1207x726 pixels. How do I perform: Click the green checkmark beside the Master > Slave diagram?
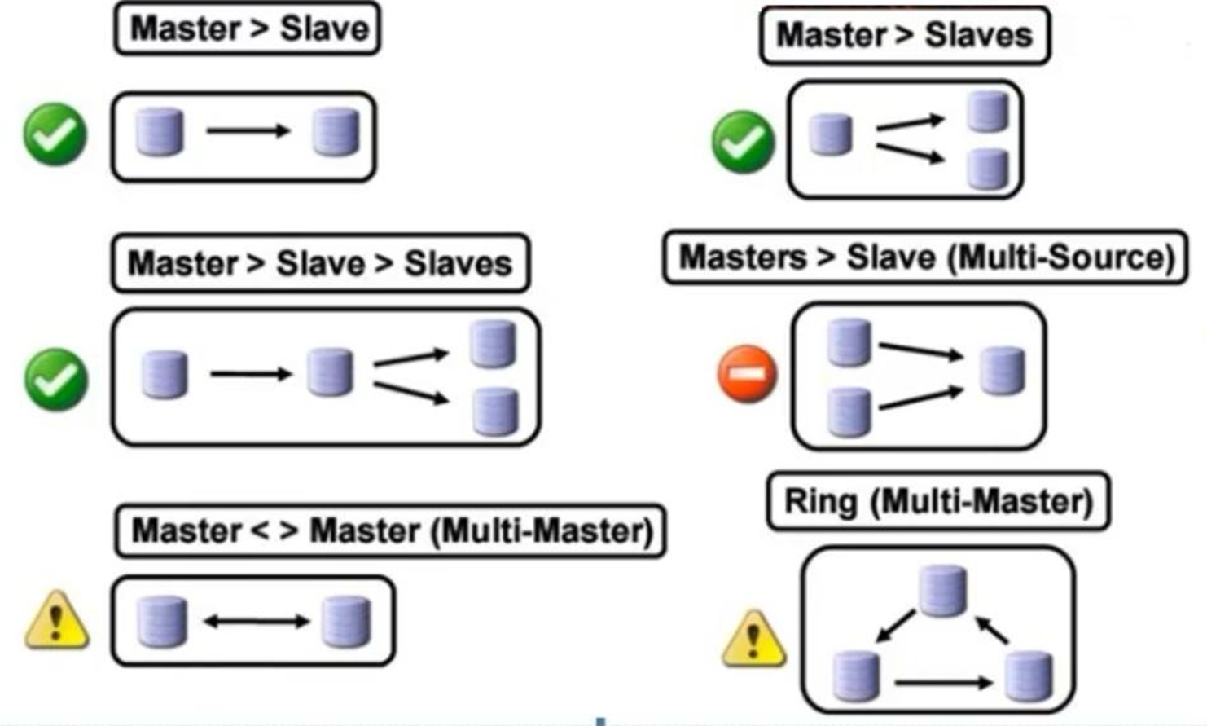tap(55, 134)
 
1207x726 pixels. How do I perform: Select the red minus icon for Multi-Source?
tap(747, 374)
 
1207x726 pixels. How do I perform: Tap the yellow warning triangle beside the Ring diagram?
tap(753, 639)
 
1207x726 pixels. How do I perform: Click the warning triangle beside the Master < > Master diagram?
tap(56, 621)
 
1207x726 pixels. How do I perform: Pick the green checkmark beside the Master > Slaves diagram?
tap(743, 142)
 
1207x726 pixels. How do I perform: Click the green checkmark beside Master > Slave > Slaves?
tap(55, 379)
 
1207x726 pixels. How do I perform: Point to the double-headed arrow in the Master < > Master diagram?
tap(257, 622)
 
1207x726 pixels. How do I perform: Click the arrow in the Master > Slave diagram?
tap(248, 130)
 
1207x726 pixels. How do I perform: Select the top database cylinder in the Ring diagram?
tap(942, 590)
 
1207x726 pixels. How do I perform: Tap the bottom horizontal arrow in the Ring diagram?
tap(943, 683)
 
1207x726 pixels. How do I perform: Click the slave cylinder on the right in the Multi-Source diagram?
tap(1002, 371)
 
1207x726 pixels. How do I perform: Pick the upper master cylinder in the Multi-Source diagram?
tap(849, 342)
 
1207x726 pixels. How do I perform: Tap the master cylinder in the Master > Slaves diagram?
tap(831, 134)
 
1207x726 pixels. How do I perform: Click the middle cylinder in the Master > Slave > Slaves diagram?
tap(330, 372)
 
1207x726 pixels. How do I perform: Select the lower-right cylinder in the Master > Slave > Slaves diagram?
tap(495, 411)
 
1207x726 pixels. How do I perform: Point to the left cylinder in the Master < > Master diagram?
tap(162, 622)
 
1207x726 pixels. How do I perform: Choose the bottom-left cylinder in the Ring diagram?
tap(856, 675)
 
